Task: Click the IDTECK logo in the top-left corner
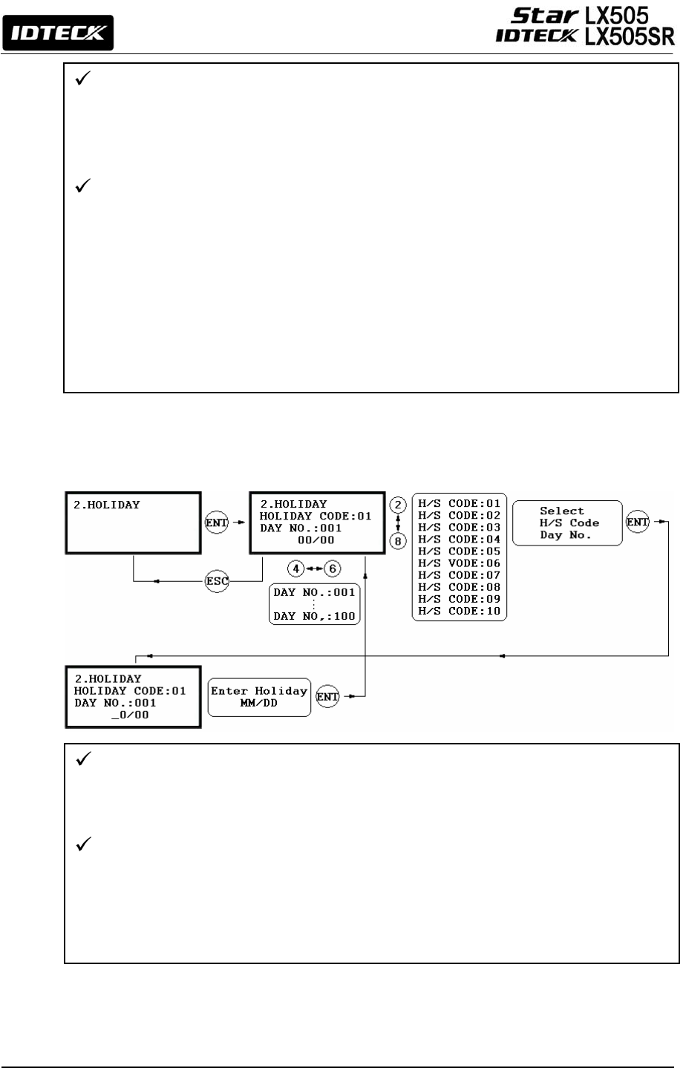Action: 58,33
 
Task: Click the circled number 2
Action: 399,505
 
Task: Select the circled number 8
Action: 399,541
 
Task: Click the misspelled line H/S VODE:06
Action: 459,563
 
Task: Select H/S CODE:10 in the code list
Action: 459,611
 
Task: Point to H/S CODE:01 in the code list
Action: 459,503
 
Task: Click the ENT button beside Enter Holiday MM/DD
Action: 327,696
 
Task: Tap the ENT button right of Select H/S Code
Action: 637,522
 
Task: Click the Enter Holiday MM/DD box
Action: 259,696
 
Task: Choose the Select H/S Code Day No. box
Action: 568,522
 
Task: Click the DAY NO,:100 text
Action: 314,616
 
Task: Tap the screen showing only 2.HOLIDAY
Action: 133,522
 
